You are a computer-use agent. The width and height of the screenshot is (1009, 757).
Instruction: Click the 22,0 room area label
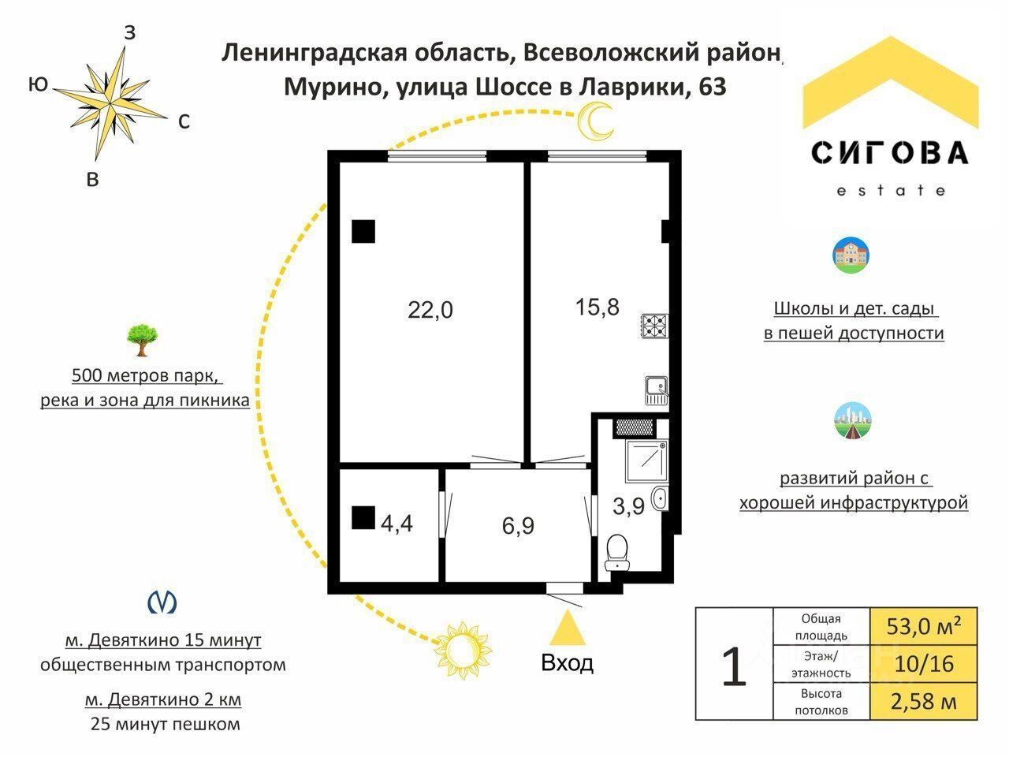point(430,310)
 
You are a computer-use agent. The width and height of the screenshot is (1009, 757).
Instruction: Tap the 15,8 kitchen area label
point(598,307)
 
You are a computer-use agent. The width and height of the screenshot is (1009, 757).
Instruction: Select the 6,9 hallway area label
point(518,525)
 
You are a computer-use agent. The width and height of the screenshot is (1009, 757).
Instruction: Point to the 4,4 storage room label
point(397,523)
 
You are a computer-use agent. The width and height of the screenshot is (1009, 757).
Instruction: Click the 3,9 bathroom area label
point(628,506)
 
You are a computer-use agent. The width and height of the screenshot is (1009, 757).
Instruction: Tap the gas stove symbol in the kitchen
point(654,326)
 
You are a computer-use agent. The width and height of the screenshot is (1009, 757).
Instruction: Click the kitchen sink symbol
point(656,390)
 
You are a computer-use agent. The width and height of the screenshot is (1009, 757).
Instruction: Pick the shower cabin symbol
point(647,461)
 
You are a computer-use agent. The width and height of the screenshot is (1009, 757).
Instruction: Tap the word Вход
point(568,663)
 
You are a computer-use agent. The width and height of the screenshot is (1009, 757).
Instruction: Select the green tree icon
point(143,339)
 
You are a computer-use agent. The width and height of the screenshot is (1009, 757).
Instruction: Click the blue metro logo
point(162,602)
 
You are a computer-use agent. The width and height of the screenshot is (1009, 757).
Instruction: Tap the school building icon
point(851,255)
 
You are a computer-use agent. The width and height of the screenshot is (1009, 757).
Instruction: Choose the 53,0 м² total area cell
point(924,627)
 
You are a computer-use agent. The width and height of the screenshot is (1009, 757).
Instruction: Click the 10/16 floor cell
point(924,664)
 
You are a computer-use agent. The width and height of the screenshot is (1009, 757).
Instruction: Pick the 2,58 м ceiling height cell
point(924,701)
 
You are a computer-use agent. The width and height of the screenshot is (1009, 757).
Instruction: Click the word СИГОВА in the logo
point(890,152)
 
